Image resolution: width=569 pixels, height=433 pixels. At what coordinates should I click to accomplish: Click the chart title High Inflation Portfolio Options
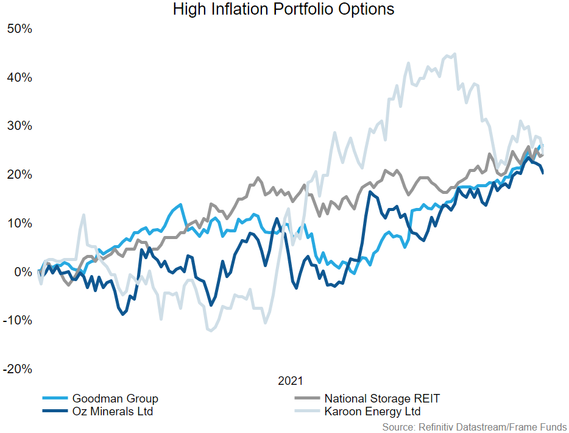(284, 10)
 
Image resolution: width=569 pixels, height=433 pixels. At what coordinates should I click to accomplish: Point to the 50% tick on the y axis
(19, 29)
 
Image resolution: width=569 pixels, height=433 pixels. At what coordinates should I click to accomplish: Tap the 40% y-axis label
(19, 77)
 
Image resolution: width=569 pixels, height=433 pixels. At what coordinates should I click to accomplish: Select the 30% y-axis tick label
(19, 126)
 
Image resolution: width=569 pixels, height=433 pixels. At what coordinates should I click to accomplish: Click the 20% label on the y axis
(19, 175)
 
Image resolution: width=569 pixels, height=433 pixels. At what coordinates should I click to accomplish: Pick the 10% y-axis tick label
(19, 223)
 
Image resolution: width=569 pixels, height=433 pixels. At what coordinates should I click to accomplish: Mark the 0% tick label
(22, 272)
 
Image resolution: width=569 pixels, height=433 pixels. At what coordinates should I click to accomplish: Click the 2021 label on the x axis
(290, 382)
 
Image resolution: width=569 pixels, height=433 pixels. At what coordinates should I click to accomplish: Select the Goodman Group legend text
(115, 399)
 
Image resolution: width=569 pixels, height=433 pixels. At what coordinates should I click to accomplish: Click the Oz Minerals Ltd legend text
(113, 412)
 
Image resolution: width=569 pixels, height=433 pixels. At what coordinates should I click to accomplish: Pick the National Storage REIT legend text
(382, 399)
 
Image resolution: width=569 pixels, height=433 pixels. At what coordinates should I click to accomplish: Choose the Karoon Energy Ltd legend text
(372, 412)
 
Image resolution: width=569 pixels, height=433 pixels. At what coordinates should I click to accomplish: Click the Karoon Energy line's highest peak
(454, 54)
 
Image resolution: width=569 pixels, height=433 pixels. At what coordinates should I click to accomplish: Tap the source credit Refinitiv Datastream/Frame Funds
(475, 427)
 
